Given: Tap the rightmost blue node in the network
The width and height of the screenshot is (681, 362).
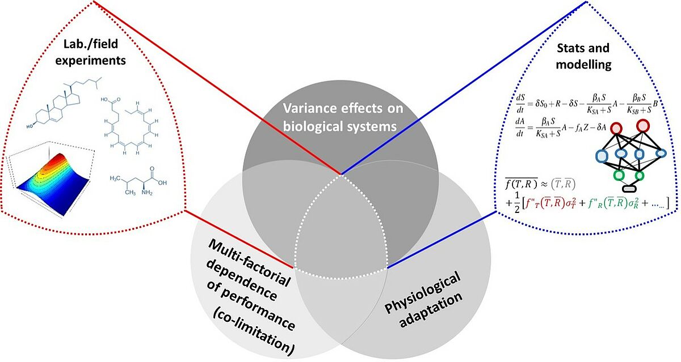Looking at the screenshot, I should (x=661, y=154).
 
